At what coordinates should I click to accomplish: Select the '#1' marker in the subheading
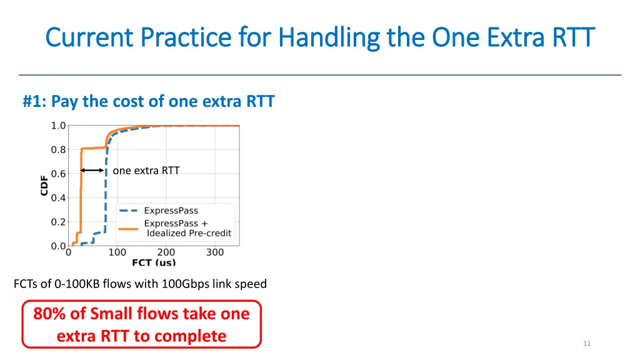[x=35, y=101]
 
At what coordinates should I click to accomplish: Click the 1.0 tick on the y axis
[x=58, y=126]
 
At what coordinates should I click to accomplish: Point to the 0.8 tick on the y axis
[x=58, y=150]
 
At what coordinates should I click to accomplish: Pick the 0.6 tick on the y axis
[x=58, y=174]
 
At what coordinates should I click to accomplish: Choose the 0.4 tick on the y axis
[x=58, y=198]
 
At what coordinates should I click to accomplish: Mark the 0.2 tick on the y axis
[x=58, y=222]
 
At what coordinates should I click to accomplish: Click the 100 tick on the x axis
[x=117, y=252]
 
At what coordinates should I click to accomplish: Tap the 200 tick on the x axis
[x=166, y=252]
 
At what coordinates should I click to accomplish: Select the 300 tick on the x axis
[x=215, y=252]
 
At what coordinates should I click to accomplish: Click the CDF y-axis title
[x=44, y=185]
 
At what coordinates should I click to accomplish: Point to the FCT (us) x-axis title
[x=154, y=263]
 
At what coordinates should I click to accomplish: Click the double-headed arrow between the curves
[x=92, y=170]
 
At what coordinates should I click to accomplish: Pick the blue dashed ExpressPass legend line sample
[x=128, y=211]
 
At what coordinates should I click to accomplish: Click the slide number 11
[x=586, y=344]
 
